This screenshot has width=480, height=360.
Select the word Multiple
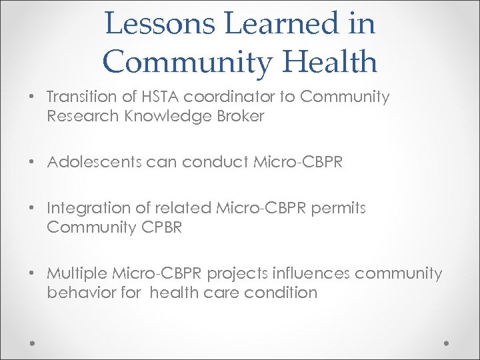pos(76,273)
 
